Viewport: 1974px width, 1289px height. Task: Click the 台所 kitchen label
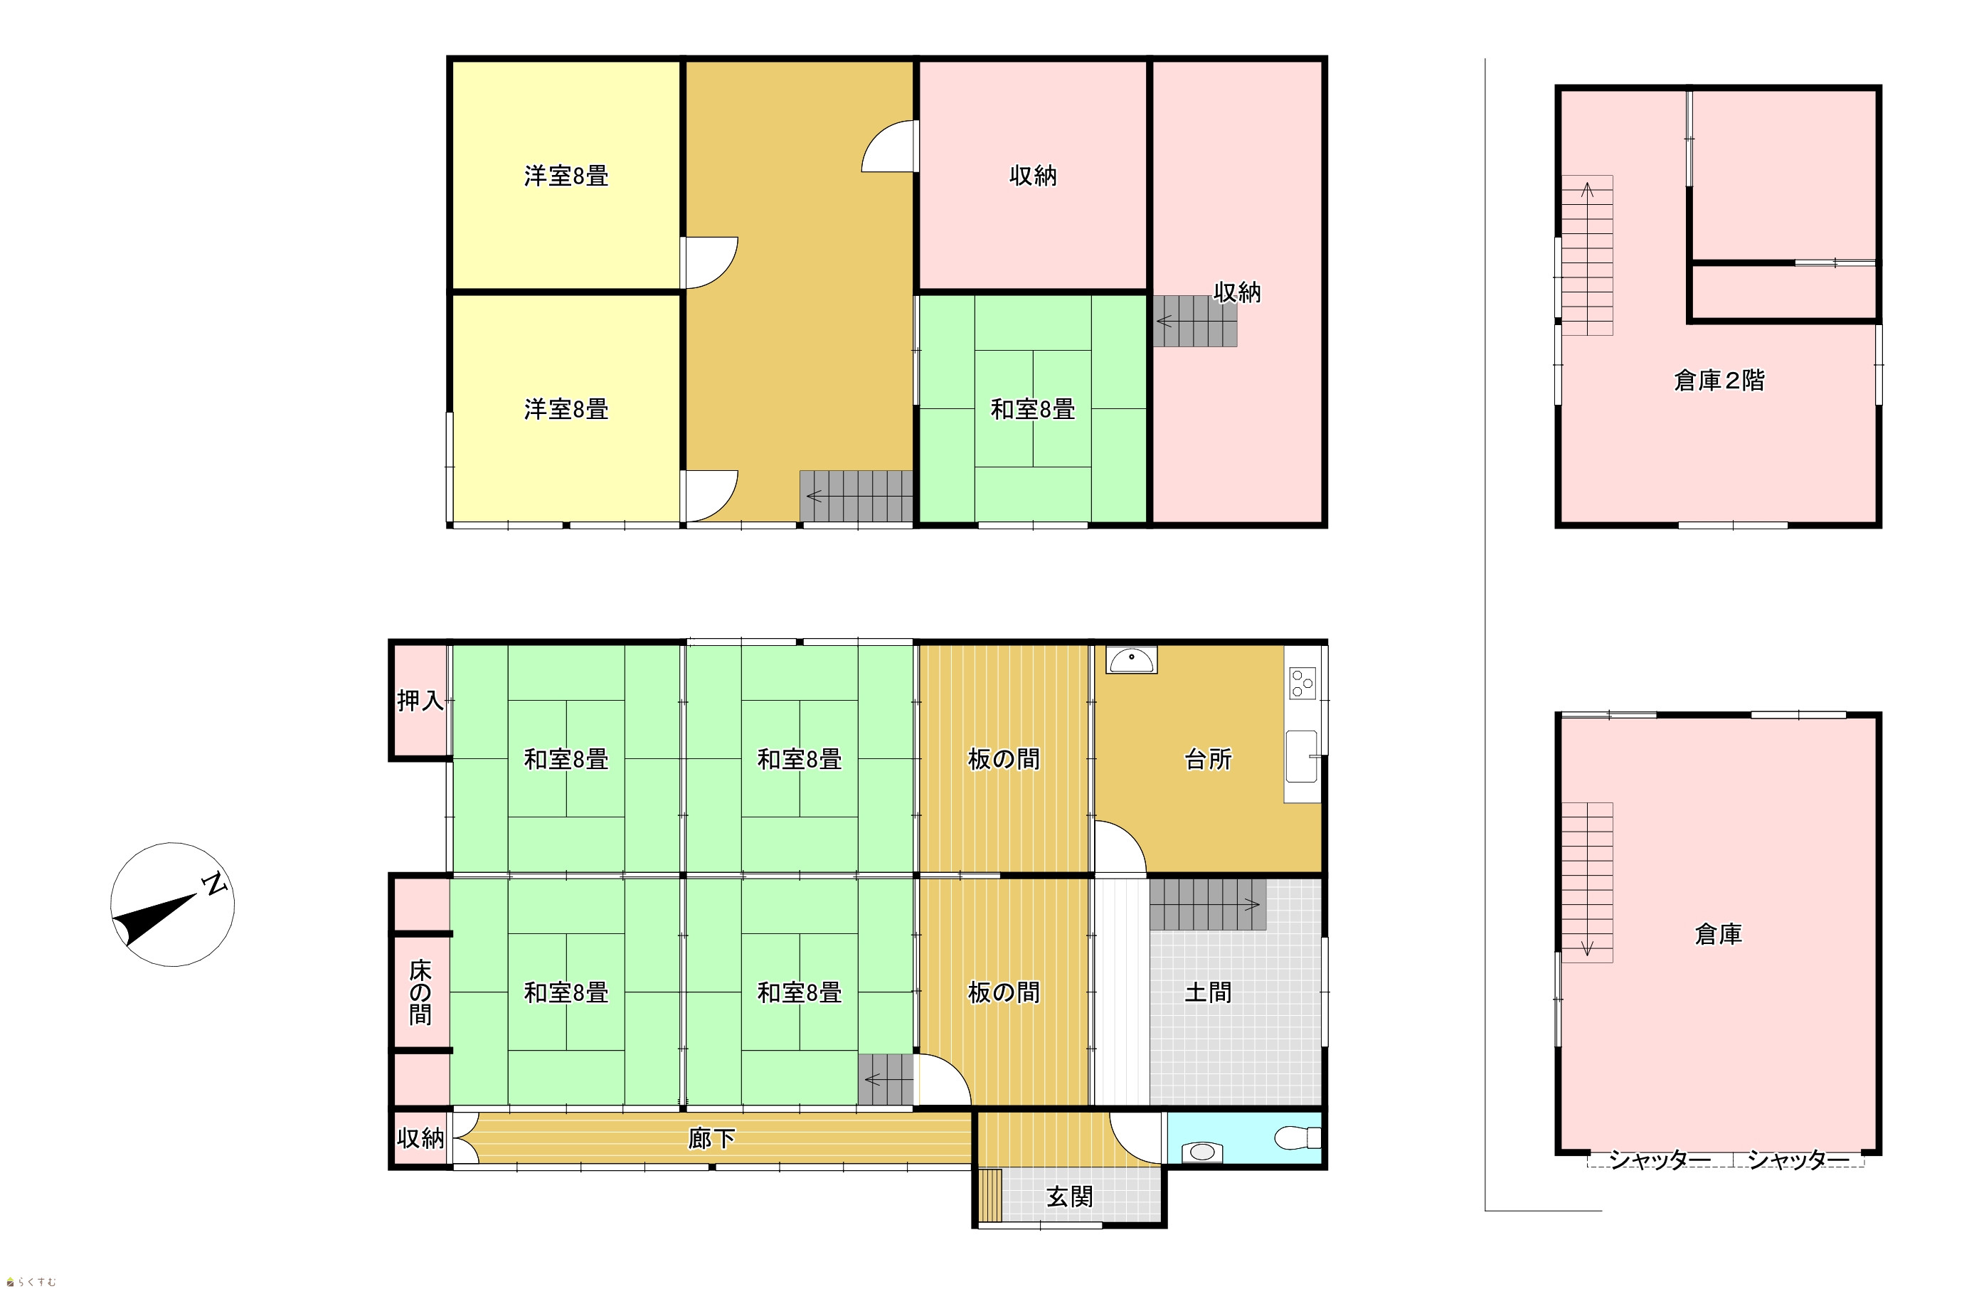coord(1208,759)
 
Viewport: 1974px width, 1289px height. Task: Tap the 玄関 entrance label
coord(1069,1197)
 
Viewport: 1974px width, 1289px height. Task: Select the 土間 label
coord(1208,992)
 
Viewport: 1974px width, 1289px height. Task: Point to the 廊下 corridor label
coord(711,1139)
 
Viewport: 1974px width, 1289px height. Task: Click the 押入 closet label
coord(420,701)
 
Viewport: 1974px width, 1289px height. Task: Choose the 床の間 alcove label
coord(420,992)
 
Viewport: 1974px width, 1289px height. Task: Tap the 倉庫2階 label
coord(1719,380)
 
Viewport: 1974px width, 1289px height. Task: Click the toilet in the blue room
coord(1298,1137)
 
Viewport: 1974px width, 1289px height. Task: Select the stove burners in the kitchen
coord(1302,684)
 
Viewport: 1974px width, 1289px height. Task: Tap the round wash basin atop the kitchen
coord(1131,660)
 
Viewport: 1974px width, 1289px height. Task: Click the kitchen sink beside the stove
coord(1301,755)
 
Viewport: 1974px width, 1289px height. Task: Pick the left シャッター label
coord(1660,1160)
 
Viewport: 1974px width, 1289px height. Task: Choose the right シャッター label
coord(1798,1160)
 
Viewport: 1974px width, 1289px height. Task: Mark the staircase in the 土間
coord(1208,904)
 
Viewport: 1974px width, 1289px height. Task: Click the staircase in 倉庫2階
coord(1588,255)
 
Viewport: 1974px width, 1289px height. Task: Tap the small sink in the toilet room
coord(1201,1152)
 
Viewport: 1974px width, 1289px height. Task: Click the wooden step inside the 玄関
coord(990,1195)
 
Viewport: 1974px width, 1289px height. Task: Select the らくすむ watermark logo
coord(31,1282)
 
